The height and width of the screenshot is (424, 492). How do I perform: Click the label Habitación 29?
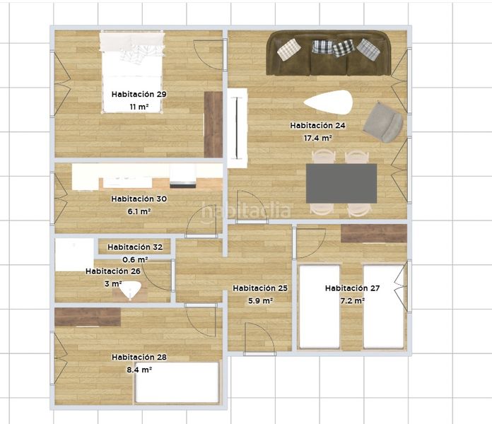pos(139,94)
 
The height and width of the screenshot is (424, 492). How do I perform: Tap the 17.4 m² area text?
pos(318,138)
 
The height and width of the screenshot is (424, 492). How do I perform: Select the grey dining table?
pos(341,184)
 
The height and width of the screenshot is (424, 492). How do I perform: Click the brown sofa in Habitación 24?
pos(329,53)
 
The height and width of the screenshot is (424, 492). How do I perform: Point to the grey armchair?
pos(383,122)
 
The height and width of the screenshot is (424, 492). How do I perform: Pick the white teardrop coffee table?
pos(328,102)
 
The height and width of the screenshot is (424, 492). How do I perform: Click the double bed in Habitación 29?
pos(132,72)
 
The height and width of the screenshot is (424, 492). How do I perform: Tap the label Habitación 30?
pos(139,199)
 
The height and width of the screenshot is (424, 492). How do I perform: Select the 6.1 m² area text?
pos(139,211)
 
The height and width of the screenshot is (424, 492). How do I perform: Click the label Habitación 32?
pos(135,247)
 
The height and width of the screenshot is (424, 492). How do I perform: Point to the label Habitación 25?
pos(260,288)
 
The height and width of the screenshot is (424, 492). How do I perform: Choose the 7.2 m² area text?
pos(352,300)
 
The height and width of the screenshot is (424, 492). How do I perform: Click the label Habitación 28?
pos(139,357)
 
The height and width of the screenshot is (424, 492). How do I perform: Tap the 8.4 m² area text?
pos(139,370)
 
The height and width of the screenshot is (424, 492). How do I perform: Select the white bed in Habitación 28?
pos(177,382)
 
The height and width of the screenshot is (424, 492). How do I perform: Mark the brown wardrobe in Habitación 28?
pos(88,317)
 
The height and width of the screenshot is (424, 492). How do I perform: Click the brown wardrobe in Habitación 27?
pos(374,233)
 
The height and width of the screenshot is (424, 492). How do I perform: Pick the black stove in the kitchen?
pos(183,185)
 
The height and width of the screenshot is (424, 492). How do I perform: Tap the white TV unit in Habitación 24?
pos(238,128)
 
